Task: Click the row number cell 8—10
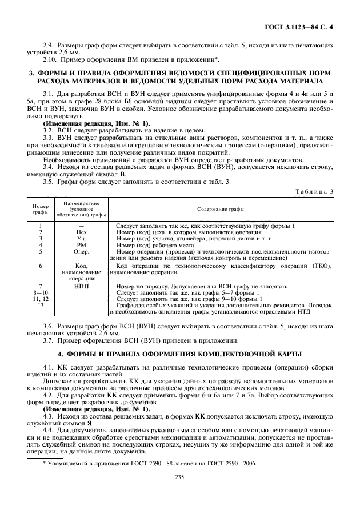41,292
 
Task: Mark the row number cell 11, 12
41,299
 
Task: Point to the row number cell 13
41,306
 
